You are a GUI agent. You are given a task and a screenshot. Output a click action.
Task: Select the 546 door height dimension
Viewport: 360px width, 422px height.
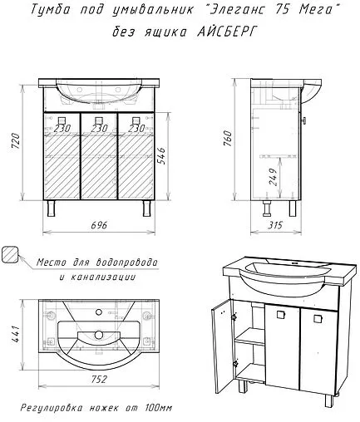tap(161, 156)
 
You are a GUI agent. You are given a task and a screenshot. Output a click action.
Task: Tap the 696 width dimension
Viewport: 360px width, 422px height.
tap(99, 225)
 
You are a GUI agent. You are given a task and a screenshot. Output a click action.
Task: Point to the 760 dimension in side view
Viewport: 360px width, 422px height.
tap(229, 138)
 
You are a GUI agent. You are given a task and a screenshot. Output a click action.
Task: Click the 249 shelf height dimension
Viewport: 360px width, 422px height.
tap(273, 177)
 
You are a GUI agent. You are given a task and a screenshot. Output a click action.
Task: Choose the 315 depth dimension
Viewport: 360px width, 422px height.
tap(275, 225)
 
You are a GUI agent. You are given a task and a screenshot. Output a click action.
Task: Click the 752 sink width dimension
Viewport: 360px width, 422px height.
tap(99, 379)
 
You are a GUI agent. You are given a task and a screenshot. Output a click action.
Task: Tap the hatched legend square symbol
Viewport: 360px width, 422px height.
tap(10, 254)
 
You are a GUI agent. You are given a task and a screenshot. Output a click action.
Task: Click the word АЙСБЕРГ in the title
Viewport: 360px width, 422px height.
tap(225, 32)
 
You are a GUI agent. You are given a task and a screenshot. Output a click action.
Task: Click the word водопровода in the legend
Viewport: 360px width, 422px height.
tap(126, 263)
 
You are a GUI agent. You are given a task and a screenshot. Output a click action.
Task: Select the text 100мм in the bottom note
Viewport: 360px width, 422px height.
tap(158, 408)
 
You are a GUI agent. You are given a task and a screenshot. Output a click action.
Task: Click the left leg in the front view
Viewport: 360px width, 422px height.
tap(52, 209)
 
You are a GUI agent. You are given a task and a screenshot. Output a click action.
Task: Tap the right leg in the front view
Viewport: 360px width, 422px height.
tap(146, 209)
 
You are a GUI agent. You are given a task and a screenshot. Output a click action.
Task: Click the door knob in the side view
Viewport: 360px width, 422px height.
tap(304, 120)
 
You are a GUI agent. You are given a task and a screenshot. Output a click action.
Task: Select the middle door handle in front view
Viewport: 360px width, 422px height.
tap(99, 120)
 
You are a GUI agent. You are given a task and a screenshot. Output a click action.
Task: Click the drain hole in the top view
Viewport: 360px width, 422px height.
tap(98, 335)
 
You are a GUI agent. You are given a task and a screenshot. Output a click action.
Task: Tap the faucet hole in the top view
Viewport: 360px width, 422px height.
tap(99, 312)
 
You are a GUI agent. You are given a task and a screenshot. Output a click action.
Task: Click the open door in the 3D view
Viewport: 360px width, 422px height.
tap(221, 345)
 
